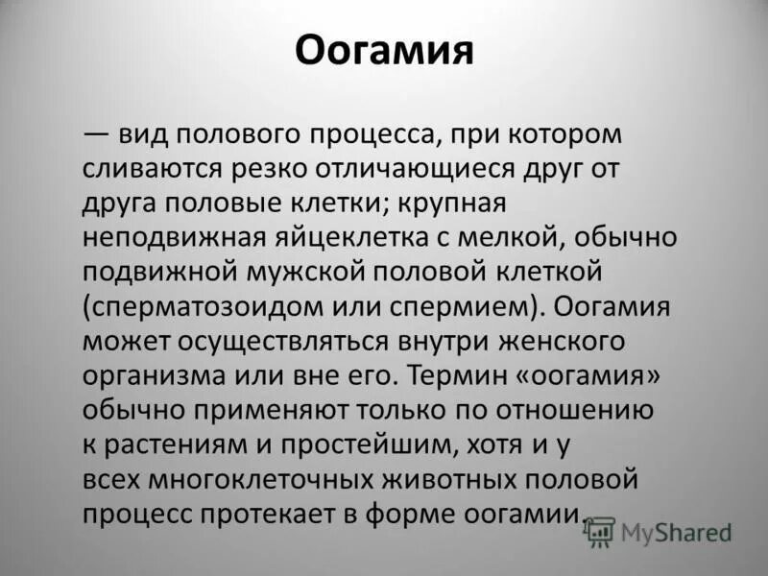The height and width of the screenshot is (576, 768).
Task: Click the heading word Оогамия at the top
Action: pyautogui.click(x=384, y=49)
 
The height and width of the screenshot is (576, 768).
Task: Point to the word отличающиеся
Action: pyautogui.click(x=404, y=169)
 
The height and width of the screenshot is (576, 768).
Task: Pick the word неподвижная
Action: pyautogui.click(x=164, y=237)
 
